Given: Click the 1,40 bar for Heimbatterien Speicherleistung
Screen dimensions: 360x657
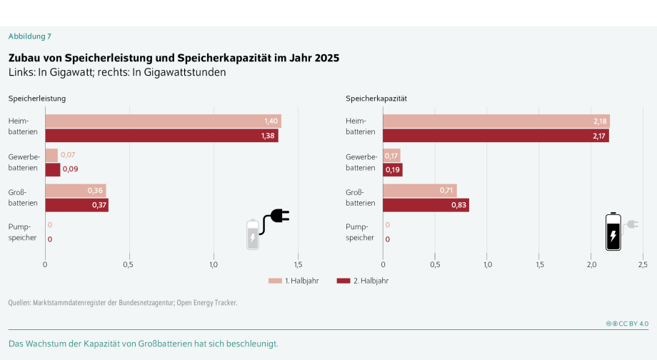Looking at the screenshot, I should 163,121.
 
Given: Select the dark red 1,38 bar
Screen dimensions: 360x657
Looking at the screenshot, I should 161,136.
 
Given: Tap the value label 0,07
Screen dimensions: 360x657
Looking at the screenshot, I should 68,155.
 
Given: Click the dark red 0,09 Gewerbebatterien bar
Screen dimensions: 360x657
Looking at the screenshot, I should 52,169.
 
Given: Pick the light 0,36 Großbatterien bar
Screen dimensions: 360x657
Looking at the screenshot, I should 75,191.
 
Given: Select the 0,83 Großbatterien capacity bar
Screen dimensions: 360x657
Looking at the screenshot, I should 426,205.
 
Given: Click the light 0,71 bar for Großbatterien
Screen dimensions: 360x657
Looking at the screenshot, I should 419,191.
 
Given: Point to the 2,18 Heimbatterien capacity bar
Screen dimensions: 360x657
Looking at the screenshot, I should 496,121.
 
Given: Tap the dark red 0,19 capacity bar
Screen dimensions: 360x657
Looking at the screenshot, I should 392,169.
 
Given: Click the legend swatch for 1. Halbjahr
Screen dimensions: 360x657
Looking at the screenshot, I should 275,281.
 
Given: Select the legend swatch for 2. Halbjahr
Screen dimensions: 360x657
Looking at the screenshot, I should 343,281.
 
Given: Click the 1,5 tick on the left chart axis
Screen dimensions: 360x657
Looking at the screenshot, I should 297,265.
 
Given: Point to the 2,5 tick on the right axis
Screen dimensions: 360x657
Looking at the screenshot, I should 643,265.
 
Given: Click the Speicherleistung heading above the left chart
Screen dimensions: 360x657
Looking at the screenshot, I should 37,98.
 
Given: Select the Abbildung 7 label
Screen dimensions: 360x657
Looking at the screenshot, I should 29,36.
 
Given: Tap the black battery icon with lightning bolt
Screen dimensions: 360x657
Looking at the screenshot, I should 613,232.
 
